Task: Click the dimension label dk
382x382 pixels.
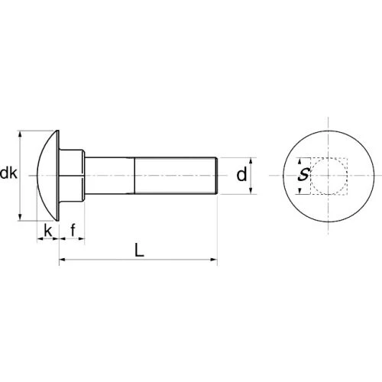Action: pyautogui.click(x=8, y=173)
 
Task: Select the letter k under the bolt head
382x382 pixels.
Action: pyautogui.click(x=48, y=231)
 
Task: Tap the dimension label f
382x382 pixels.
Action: pyautogui.click(x=73, y=230)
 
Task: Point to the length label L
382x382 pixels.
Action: pyautogui.click(x=139, y=250)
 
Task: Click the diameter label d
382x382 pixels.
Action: pyautogui.click(x=241, y=175)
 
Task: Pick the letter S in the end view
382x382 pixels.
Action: pyautogui.click(x=304, y=174)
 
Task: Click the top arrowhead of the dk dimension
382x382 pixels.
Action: pyautogui.click(x=20, y=134)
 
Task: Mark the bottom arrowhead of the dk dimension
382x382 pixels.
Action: pyautogui.click(x=20, y=217)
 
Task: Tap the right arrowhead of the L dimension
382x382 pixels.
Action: pyautogui.click(x=214, y=260)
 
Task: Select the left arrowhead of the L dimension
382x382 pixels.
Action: pyautogui.click(x=63, y=260)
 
